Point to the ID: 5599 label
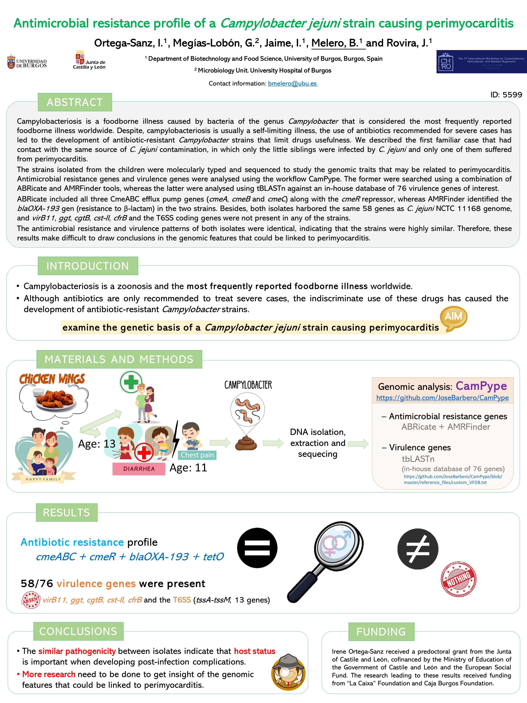pyautogui.click(x=506, y=95)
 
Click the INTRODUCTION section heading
pyautogui.click(x=88, y=266)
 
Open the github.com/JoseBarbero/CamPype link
pyautogui.click(x=442, y=398)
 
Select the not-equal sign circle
pyautogui.click(x=418, y=549)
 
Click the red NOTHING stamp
pyautogui.click(x=458, y=579)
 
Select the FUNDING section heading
pyautogui.click(x=381, y=632)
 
